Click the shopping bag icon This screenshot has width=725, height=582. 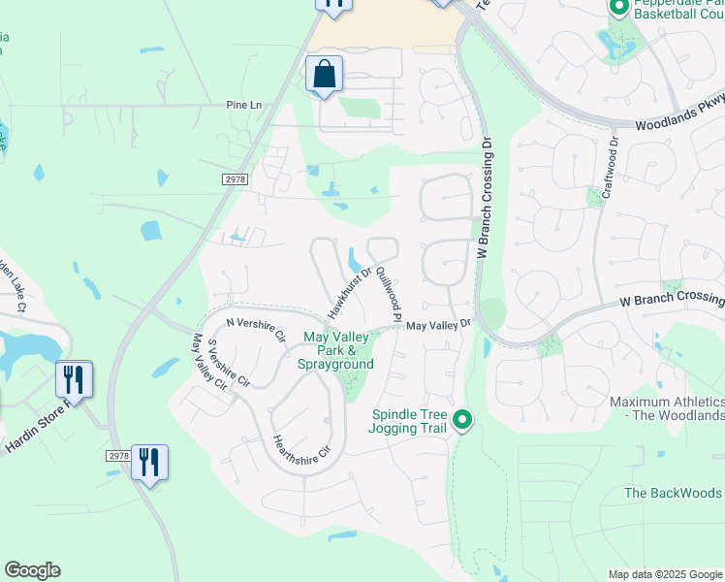click(324, 74)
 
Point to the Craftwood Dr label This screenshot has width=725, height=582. click(611, 171)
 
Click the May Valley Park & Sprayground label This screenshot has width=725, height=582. click(338, 350)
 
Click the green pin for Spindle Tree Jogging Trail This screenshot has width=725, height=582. click(462, 420)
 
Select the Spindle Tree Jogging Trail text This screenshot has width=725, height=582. click(410, 421)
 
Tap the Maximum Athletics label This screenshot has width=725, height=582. click(667, 408)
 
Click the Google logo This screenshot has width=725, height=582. click(32, 570)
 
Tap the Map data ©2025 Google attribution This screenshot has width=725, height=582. click(665, 574)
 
